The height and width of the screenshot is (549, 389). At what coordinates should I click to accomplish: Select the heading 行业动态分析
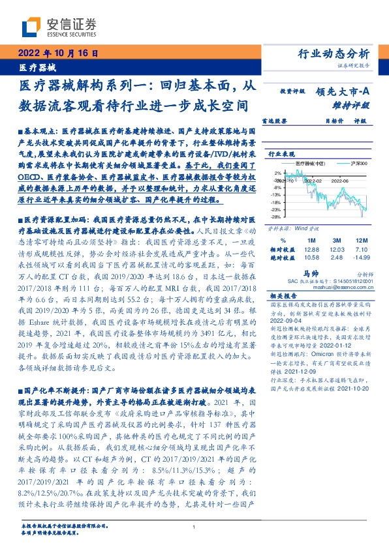click(x=339, y=53)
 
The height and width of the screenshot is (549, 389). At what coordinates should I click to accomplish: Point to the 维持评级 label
click(x=353, y=104)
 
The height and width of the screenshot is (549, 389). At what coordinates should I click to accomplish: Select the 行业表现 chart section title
click(x=283, y=155)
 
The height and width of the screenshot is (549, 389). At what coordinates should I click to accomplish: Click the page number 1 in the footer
click(x=194, y=527)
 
